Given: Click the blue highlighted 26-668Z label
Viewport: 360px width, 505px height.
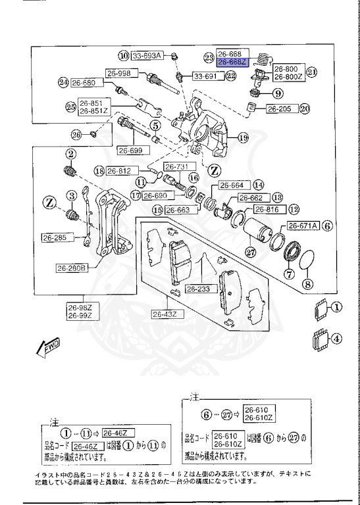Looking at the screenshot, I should (231, 62).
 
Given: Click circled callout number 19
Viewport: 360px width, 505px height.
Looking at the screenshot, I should (243, 138).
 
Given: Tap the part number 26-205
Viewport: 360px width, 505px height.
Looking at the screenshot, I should (280, 109).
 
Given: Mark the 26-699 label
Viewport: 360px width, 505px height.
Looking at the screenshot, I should (130, 151).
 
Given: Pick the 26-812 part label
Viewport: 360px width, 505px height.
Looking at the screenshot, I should (122, 171).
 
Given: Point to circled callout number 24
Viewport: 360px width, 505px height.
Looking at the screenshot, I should (63, 83).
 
